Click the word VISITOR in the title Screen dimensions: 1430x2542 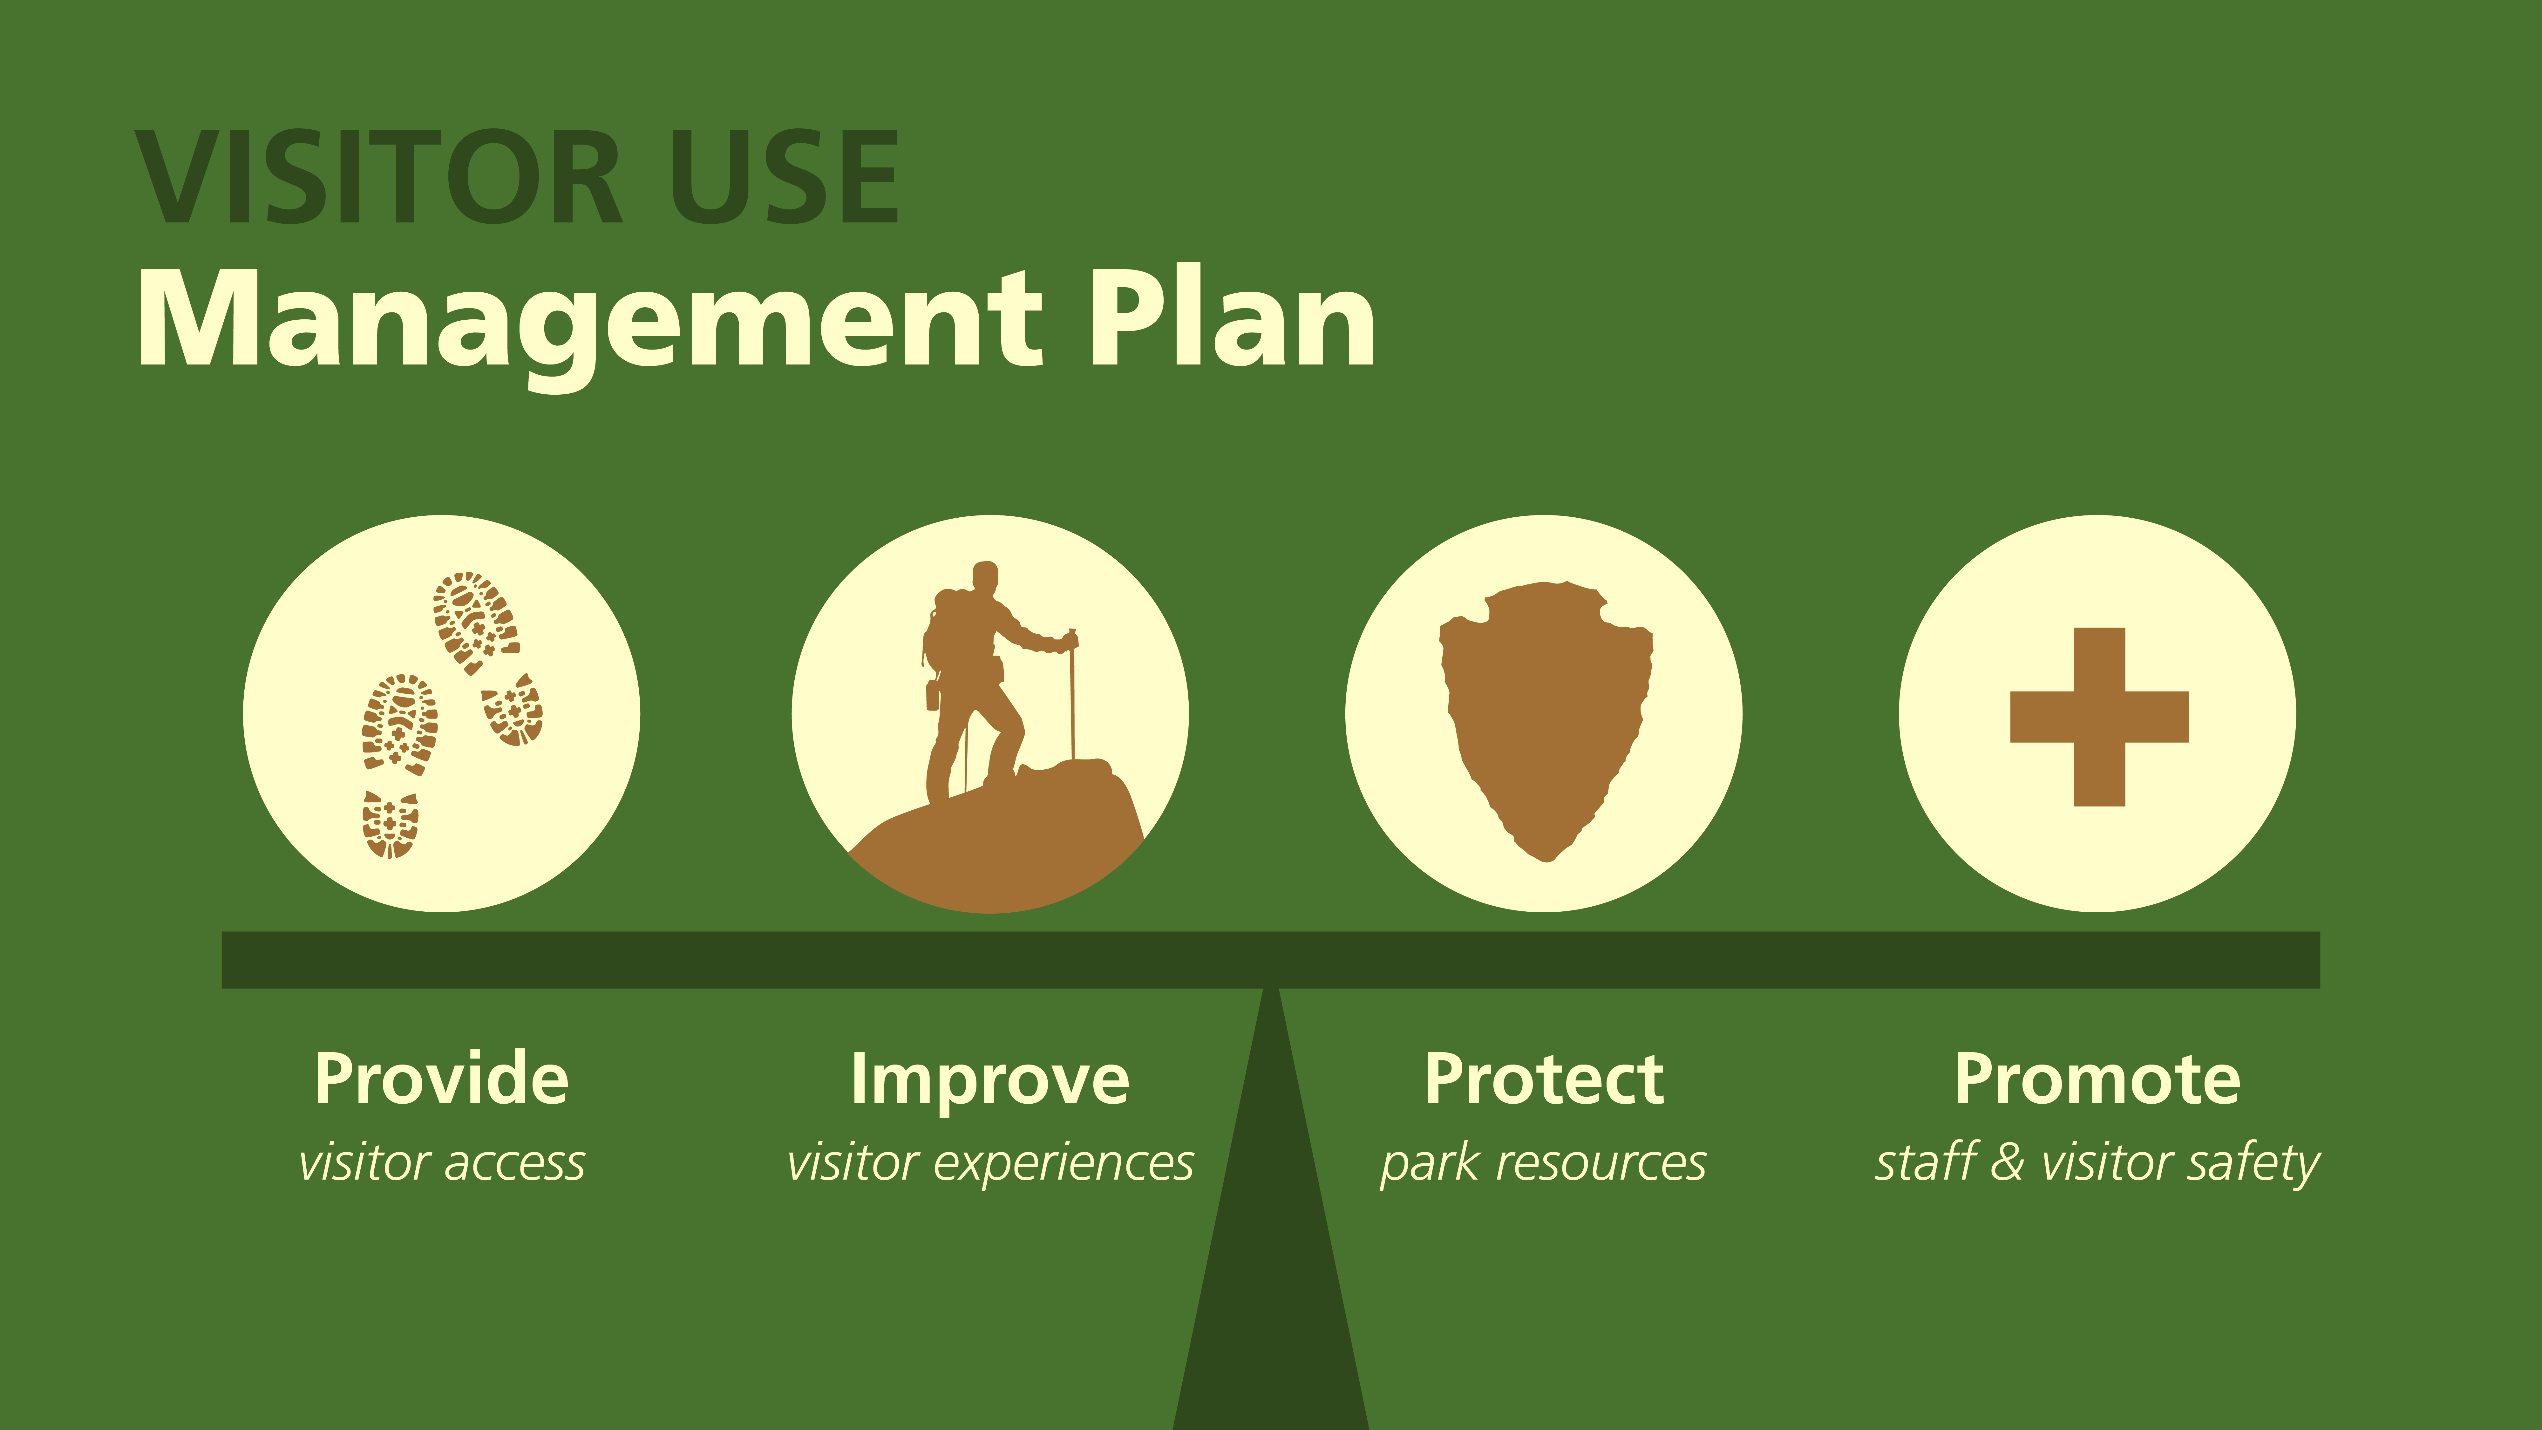click(380, 178)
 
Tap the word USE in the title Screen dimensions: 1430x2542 click(785, 178)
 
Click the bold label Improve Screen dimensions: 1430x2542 click(990, 1081)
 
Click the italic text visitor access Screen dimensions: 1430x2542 click(442, 1162)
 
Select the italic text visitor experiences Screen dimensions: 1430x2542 click(990, 1162)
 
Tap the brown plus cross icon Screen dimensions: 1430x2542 click(2099, 717)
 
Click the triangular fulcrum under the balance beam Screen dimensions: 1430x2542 click(1271, 1234)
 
